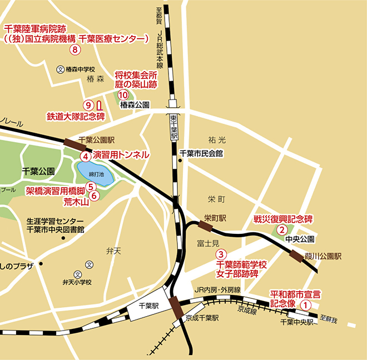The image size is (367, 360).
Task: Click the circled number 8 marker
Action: pos(76,49)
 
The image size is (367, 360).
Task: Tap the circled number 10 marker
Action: pos(123,94)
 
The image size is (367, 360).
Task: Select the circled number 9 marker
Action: pos(87,104)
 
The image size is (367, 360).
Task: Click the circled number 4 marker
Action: pos(85,156)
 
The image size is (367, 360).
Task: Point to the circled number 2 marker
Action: pos(282,229)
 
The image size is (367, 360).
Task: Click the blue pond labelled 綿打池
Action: pos(95,173)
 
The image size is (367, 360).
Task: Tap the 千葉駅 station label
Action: pos(148,306)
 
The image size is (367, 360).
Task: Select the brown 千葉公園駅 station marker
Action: pos(73,143)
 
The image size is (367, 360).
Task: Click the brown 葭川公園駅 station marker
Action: pos(296,255)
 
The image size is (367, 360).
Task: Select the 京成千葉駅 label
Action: pos(203,318)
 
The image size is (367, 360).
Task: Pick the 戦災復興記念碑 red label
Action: pos(284,218)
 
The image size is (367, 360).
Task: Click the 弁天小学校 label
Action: pos(77,282)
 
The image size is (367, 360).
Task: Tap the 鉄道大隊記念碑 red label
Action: pos(76,117)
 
